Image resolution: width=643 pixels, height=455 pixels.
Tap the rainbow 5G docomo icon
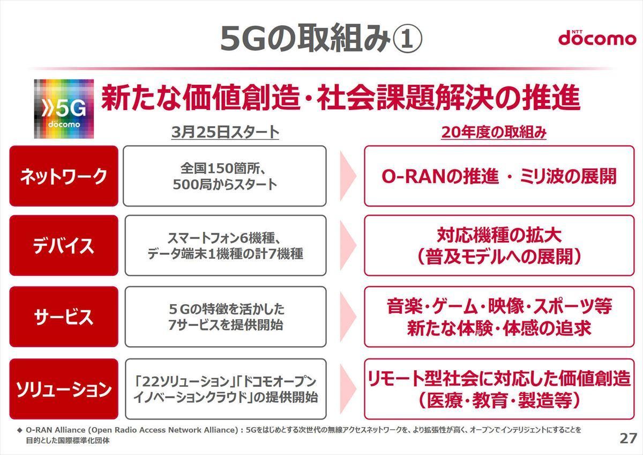[64, 108]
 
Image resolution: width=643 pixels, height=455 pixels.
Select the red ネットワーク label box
[64, 176]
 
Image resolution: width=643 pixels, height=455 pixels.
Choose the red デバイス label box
[64, 245]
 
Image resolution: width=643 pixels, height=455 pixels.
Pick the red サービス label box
[64, 317]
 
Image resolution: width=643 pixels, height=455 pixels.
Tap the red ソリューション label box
[64, 389]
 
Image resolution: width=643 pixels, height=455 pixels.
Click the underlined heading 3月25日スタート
[225, 133]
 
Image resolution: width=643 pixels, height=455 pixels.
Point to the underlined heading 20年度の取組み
[494, 133]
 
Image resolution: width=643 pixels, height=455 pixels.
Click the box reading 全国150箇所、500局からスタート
[225, 176]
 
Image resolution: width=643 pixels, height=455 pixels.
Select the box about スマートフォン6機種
[226, 245]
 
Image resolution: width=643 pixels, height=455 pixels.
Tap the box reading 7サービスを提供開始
[226, 317]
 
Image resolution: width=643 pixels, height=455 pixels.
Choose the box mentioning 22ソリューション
[226, 389]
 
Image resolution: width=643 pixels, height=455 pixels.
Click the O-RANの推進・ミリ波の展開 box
[499, 176]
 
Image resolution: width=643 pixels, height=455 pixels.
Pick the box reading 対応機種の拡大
[499, 245]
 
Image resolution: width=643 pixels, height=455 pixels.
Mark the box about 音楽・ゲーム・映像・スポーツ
[499, 317]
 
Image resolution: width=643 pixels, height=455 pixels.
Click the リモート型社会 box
[499, 389]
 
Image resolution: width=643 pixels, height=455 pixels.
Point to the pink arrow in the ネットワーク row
[348, 176]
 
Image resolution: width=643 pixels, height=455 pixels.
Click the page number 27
[628, 438]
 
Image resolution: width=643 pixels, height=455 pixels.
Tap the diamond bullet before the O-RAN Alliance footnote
[20, 430]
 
